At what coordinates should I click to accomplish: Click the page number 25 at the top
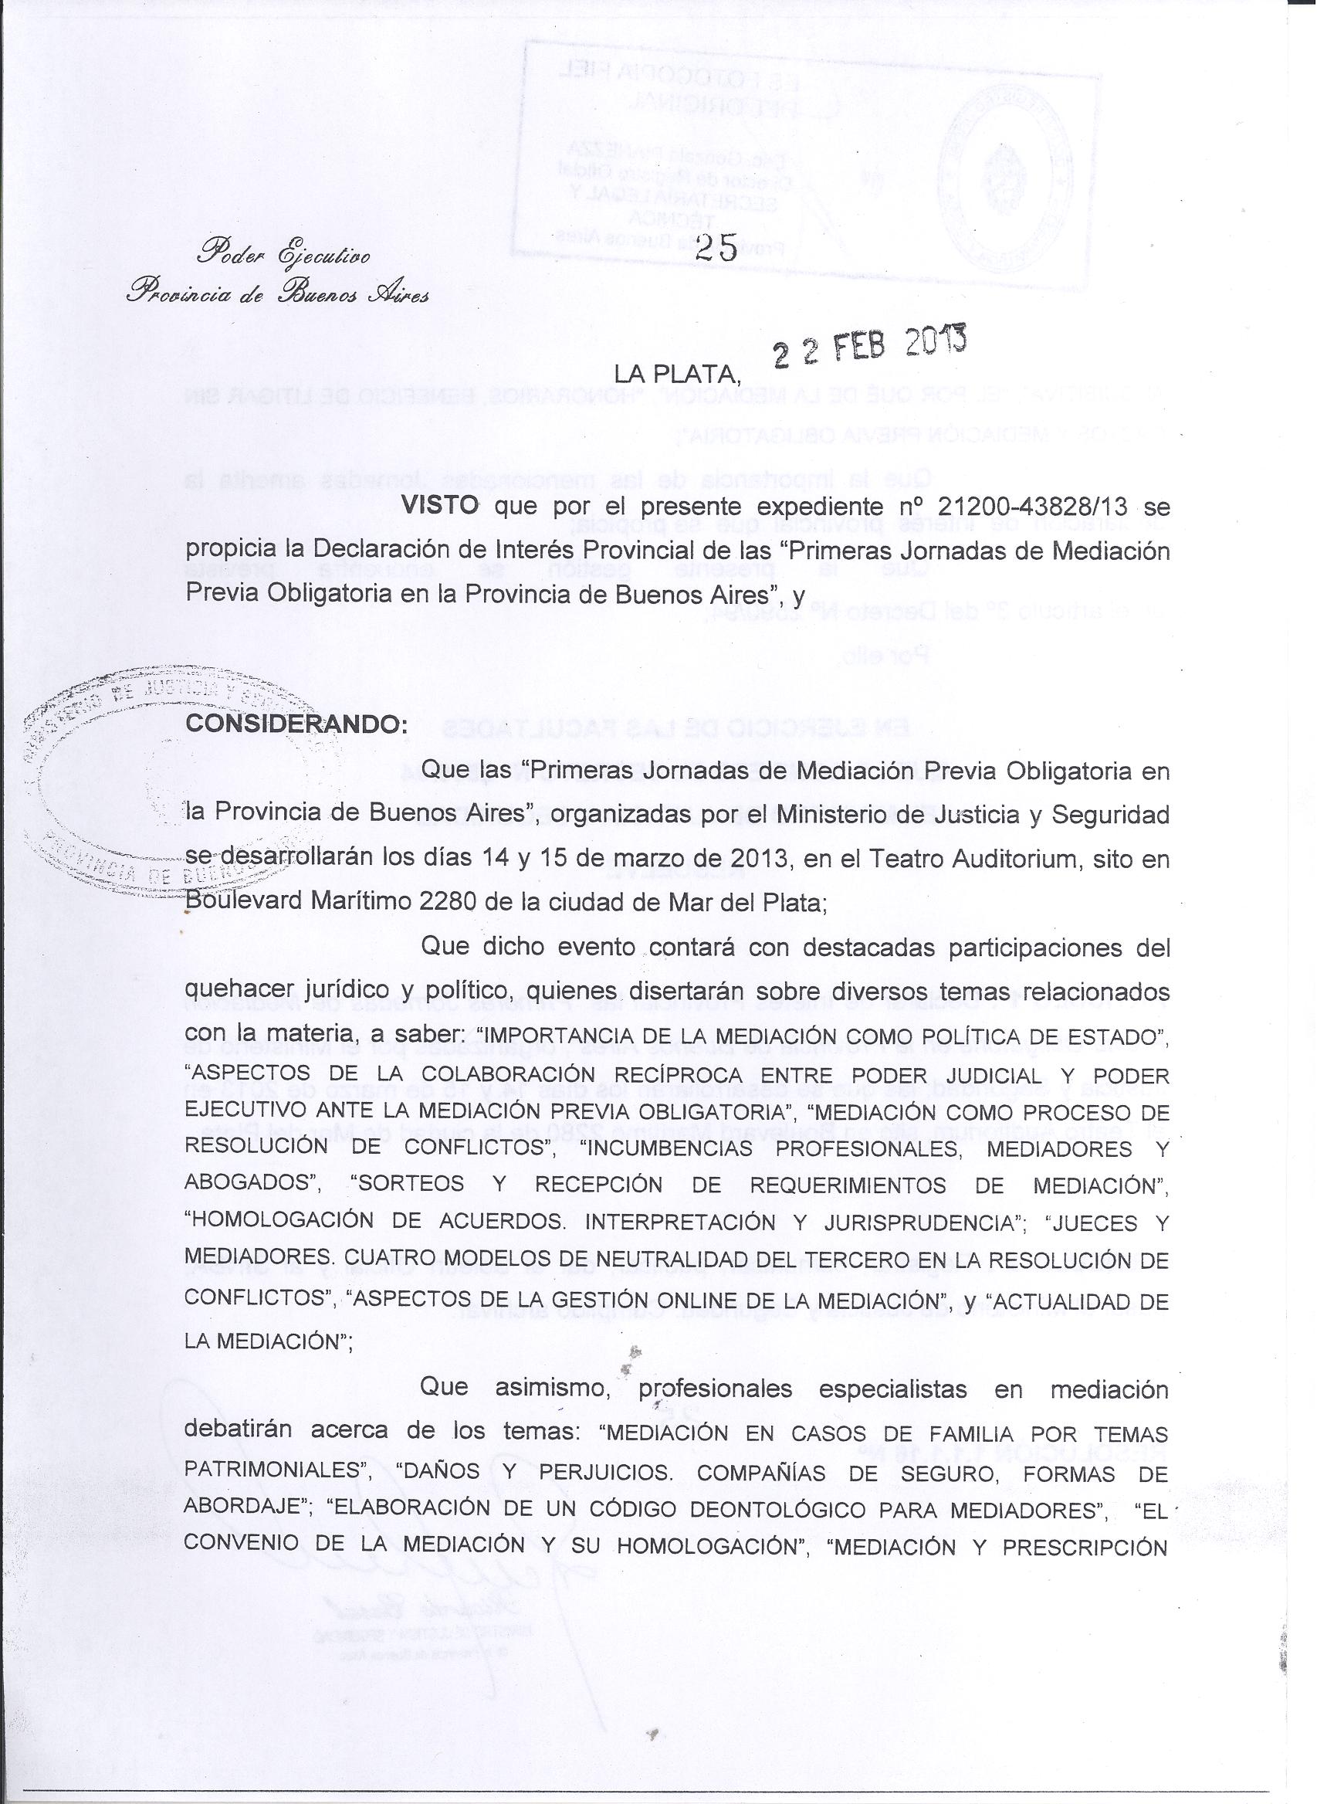tap(716, 249)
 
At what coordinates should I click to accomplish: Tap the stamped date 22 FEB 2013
tap(871, 347)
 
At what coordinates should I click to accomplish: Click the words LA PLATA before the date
tap(677, 374)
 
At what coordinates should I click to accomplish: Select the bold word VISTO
tap(440, 507)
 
